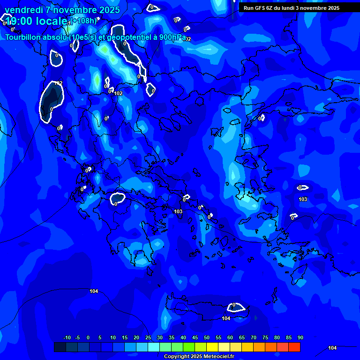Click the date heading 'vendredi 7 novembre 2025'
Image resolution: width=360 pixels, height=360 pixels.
62,10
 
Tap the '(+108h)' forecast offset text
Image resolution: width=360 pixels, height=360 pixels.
83,21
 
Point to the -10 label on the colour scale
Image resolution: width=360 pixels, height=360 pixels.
67,338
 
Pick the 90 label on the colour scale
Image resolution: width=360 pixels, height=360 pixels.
300,338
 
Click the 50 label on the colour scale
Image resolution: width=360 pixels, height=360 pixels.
206,338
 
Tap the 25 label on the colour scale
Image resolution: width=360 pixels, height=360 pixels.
148,338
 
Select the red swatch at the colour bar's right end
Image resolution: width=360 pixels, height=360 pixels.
294,347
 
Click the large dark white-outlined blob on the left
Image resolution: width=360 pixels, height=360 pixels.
51,101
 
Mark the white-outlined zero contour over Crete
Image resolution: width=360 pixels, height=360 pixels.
236,307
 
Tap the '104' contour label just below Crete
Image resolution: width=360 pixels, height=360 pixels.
226,318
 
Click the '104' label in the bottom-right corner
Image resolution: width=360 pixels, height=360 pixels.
332,348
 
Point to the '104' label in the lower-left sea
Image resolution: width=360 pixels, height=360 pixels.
94,291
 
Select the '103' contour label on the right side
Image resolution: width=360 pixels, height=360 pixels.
303,199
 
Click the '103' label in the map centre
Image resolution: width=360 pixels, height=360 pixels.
178,211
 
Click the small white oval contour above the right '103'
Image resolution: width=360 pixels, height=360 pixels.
303,187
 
